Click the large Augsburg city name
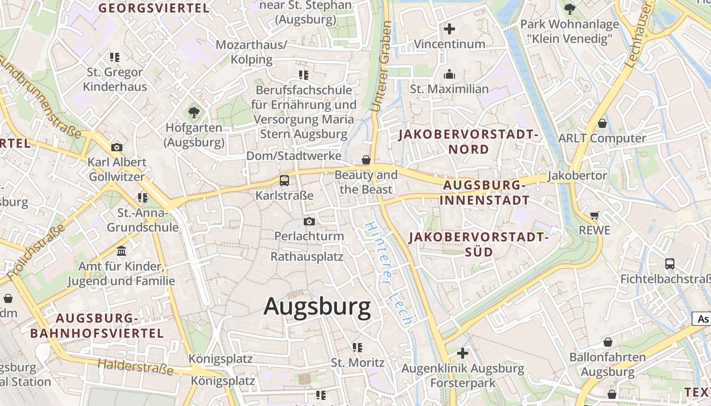point(317,307)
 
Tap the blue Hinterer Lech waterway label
point(389,274)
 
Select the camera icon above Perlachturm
point(309,221)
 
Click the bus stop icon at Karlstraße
point(284,180)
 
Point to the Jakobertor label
point(577,176)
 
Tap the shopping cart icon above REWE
point(595,215)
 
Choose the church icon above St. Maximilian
point(449,75)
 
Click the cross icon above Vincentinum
point(449,29)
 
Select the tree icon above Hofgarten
point(193,112)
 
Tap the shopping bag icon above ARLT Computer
point(602,123)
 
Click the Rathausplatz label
point(307,256)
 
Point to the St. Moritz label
point(358,363)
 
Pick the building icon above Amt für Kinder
point(121,251)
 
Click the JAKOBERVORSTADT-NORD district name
point(468,142)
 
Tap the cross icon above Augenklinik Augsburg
point(462,353)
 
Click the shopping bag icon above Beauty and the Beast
point(366,160)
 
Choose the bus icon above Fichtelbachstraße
point(670,264)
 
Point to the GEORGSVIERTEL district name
point(153,8)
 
